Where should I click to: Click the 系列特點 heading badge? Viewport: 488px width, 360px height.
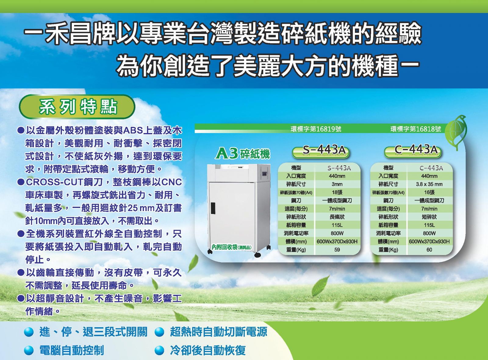[x=77, y=107]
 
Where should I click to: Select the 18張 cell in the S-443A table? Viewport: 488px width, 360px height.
[x=337, y=193]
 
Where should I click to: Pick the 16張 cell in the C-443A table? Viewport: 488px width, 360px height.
[x=429, y=193]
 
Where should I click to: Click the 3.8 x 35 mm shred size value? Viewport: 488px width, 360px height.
[x=429, y=184]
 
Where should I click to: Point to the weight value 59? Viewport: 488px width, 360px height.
[x=337, y=250]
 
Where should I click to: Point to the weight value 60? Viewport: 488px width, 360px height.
[x=429, y=250]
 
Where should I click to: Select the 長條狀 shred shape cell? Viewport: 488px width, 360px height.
[x=337, y=217]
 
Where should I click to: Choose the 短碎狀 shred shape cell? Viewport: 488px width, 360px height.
[x=429, y=217]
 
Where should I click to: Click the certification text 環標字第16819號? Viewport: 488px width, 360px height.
[x=316, y=129]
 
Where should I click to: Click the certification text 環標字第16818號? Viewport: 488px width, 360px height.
[x=416, y=129]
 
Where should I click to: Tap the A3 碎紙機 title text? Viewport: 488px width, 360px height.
[x=242, y=154]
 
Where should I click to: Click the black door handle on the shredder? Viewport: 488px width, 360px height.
[x=213, y=208]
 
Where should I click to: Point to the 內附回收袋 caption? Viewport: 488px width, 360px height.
[x=232, y=247]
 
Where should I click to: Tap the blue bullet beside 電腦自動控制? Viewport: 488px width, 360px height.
[x=29, y=351]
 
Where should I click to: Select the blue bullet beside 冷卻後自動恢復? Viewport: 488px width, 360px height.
[x=159, y=351]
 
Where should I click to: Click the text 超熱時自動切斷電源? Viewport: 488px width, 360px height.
[x=218, y=332]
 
